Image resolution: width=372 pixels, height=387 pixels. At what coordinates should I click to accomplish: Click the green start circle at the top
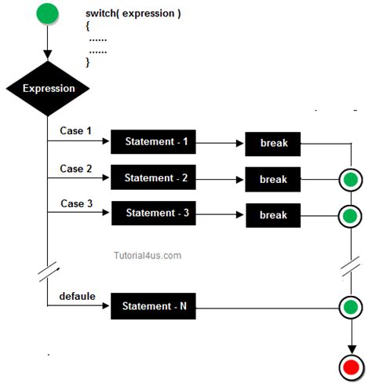tap(47, 14)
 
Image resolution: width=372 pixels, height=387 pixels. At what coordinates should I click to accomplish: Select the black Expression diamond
tap(48, 88)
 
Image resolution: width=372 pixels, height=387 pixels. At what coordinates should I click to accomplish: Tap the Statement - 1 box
tap(155, 142)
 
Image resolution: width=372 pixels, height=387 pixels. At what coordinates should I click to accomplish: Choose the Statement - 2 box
tap(155, 177)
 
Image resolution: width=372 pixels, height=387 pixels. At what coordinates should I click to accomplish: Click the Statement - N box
tap(155, 305)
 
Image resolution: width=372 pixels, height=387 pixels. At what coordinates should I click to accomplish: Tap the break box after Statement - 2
tap(274, 180)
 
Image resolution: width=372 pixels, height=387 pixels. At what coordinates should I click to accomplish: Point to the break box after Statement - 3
tap(274, 215)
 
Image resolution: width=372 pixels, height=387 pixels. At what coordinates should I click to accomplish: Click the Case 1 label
tap(76, 130)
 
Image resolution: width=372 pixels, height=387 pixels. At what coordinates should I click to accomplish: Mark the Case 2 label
tap(76, 168)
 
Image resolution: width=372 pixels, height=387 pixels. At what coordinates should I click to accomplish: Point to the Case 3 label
tap(76, 204)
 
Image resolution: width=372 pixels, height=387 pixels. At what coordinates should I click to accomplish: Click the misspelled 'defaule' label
tap(78, 296)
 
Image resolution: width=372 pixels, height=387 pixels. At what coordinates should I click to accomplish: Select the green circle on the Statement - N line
tap(349, 305)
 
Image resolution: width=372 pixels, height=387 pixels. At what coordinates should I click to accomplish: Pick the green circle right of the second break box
tap(349, 180)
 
